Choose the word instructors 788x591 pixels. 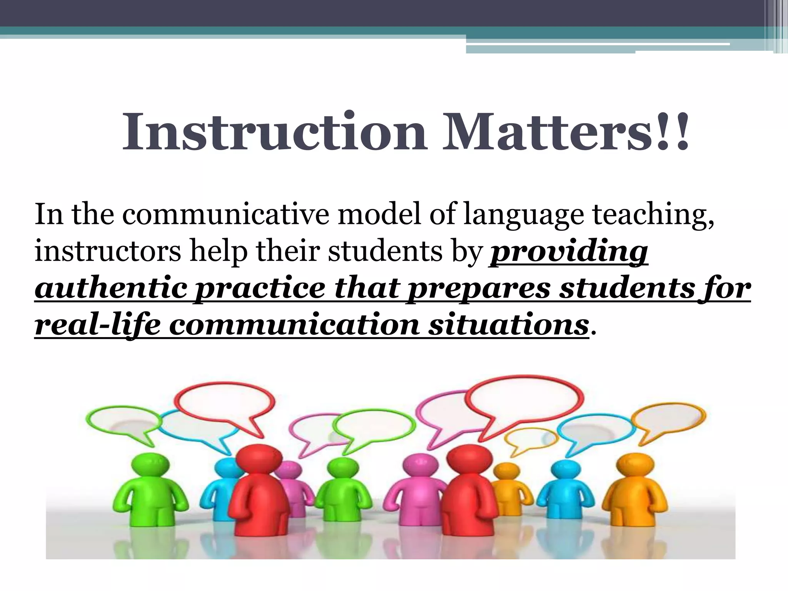click(x=107, y=251)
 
